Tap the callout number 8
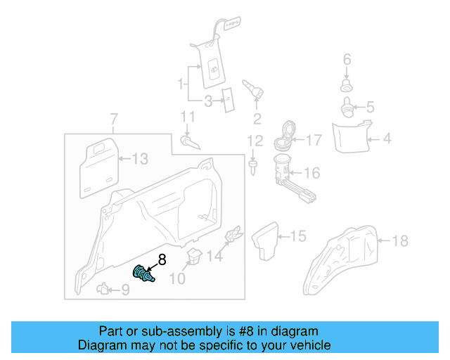(162, 259)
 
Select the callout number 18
(399, 241)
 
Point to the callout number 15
(299, 236)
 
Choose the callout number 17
(313, 141)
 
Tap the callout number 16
(311, 172)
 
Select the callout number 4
(387, 139)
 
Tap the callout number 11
(186, 116)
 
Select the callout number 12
(254, 141)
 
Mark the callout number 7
(115, 117)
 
